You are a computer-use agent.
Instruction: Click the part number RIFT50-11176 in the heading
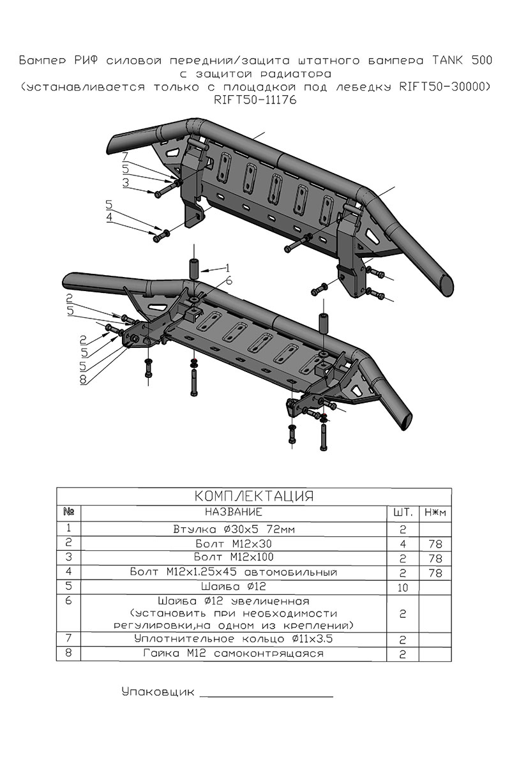(x=255, y=100)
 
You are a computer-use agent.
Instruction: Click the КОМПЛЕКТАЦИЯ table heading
(x=254, y=497)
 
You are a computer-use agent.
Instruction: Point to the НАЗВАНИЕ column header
(x=234, y=512)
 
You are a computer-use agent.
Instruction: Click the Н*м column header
(x=435, y=513)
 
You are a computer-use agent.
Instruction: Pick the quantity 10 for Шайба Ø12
(x=403, y=587)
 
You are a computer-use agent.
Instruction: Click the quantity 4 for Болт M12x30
(x=403, y=544)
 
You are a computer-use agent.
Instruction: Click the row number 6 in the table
(x=69, y=601)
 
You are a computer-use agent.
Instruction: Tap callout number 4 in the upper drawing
(x=110, y=218)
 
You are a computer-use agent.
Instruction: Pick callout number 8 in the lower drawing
(x=84, y=379)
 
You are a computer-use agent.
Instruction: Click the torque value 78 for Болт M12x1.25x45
(x=435, y=573)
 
